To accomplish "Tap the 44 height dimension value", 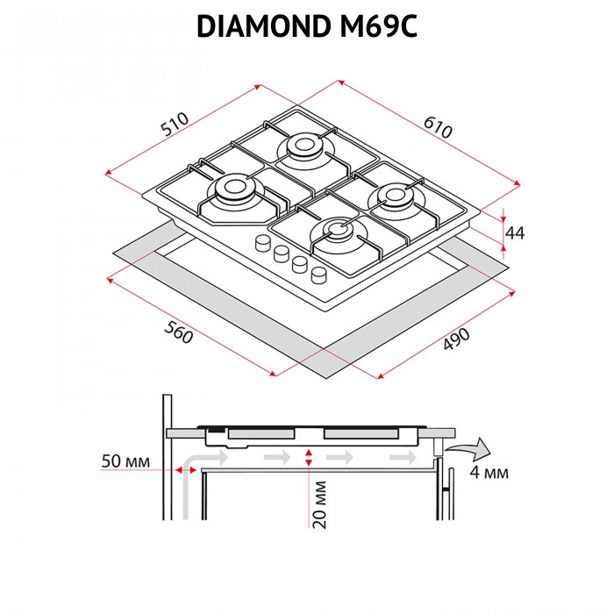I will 516,232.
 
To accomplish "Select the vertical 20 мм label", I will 321,504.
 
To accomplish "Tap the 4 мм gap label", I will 489,473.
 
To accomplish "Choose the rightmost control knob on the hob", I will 319,274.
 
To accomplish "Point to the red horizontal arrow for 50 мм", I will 186,471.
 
